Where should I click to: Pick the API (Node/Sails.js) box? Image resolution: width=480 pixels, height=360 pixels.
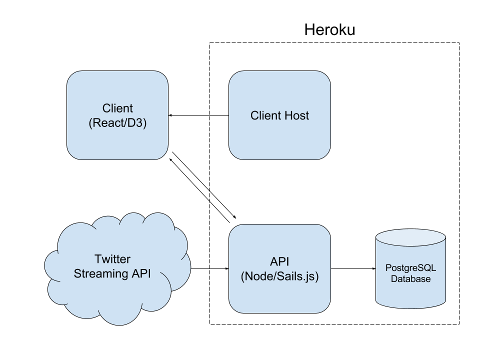click(279, 295)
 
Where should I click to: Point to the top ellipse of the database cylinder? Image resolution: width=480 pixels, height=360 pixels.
click(410, 239)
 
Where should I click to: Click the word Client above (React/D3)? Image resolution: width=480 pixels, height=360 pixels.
click(117, 108)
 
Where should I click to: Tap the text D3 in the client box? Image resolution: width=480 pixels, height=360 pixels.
click(135, 123)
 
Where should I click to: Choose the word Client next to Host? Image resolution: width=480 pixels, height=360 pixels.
click(265, 116)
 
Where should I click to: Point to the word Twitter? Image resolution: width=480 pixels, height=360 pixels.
click(112, 259)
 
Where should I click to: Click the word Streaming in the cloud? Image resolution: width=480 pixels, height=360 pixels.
click(101, 274)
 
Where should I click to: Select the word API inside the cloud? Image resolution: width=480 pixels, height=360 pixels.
click(141, 274)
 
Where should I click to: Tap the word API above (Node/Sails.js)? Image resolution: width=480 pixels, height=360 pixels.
click(279, 261)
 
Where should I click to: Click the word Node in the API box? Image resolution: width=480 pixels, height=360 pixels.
click(258, 276)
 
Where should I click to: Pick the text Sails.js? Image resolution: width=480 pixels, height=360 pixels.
click(295, 276)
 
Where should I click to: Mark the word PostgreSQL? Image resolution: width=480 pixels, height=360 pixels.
click(410, 268)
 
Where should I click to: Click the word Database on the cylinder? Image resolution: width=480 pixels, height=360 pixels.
click(410, 279)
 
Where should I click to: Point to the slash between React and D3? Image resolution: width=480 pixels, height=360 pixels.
click(124, 123)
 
